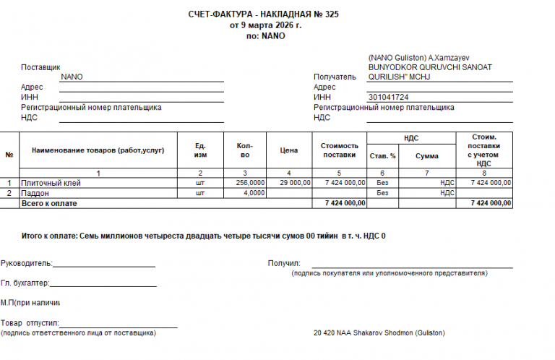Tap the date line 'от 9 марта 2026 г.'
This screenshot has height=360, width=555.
pos(265,25)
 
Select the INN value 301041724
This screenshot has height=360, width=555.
pos(388,97)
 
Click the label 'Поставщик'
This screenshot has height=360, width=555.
pos(40,67)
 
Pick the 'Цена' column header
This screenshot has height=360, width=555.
pos(288,150)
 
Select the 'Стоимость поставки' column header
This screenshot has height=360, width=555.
pos(339,150)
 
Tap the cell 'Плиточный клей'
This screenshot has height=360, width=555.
pos(51,183)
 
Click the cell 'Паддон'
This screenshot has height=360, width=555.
pos(35,193)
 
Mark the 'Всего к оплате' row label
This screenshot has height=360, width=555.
pos(49,203)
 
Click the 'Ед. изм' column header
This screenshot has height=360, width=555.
pos(201,150)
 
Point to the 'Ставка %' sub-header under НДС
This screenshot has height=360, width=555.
pos(382,155)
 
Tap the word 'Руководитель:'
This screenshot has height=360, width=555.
pos(27,263)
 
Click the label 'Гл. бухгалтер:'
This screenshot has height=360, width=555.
pos(25,283)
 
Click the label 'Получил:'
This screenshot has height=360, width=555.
pos(284,263)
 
